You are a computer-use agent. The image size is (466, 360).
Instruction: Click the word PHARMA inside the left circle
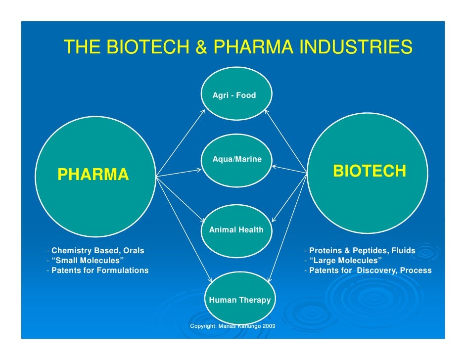pos(93,175)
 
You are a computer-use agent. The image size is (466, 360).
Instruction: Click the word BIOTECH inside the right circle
pos(370,171)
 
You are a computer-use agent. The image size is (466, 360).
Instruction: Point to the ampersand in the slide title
pos(200,48)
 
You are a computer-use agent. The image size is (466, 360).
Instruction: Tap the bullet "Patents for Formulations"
pos(99,270)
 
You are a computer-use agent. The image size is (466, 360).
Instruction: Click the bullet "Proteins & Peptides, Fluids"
pos(361,250)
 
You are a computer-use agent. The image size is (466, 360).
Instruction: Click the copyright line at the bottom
pos(233,326)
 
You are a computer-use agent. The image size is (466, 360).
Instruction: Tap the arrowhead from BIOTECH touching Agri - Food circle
pos(267,111)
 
